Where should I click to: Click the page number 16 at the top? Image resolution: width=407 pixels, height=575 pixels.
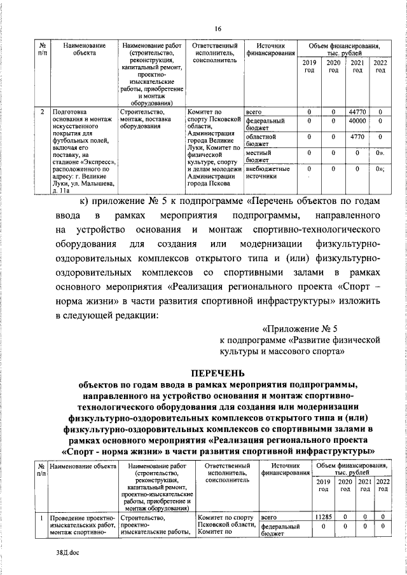click(x=217, y=28)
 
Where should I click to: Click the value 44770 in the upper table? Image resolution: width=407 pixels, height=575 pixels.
click(x=357, y=112)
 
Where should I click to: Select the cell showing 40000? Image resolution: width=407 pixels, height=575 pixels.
click(x=357, y=120)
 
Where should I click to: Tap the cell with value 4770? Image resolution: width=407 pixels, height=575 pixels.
click(x=357, y=136)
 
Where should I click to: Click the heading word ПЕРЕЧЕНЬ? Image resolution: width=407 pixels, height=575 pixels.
click(x=217, y=372)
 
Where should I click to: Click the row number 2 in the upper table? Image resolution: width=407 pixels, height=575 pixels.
click(x=41, y=112)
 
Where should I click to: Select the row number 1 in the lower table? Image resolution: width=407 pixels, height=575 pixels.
click(x=41, y=520)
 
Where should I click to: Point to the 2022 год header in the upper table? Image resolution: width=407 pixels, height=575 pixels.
click(x=380, y=67)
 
